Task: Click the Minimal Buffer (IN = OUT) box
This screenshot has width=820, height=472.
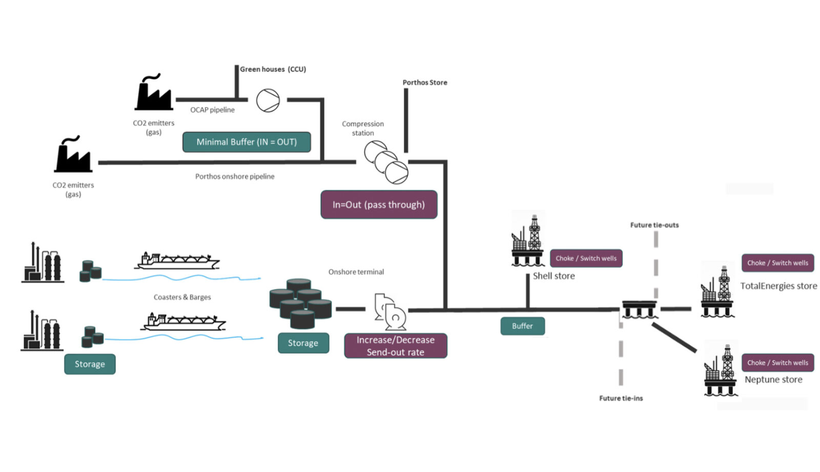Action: [x=247, y=142]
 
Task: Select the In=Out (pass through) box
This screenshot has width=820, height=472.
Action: [x=379, y=205]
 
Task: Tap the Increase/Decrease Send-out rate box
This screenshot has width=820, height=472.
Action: [x=395, y=346]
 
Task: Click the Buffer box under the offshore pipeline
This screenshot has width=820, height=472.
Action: [x=522, y=326]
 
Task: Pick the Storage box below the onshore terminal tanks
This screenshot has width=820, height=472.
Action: [x=303, y=343]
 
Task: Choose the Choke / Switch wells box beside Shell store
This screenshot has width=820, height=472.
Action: [x=586, y=259]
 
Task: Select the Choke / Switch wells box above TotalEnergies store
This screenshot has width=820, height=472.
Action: [x=777, y=263]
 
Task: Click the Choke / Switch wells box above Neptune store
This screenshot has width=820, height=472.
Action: [x=777, y=362]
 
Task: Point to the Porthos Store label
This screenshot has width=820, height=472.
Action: [x=424, y=82]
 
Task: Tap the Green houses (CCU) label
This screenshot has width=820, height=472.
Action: [x=273, y=69]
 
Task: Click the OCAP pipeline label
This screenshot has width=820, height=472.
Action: [x=212, y=110]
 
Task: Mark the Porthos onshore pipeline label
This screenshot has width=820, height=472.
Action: [x=235, y=176]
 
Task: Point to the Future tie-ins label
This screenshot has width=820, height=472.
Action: [x=621, y=398]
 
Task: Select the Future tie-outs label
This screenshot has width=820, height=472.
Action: [x=654, y=225]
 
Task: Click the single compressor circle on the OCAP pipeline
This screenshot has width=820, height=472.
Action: [x=268, y=100]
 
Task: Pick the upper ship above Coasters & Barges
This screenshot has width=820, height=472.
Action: [x=177, y=261]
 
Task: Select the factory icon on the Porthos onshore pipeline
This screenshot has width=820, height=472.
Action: [x=73, y=155]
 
